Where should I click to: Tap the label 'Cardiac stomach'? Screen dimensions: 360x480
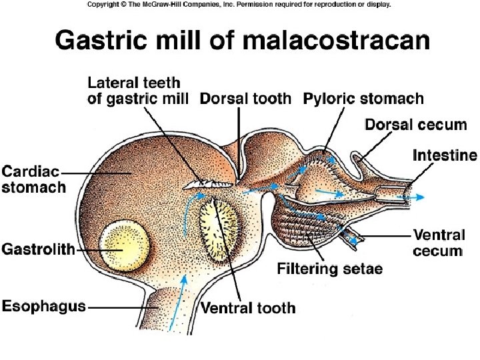tap(34, 179)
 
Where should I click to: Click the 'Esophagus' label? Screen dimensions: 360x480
tap(44, 306)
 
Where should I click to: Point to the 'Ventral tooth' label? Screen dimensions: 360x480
tap(248, 308)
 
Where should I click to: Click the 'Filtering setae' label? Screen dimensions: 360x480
tap(329, 270)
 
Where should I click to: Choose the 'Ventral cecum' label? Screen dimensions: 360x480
tap(438, 243)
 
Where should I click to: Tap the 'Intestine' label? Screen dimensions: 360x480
tap(445, 156)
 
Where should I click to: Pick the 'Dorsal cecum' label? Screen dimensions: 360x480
tap(410, 125)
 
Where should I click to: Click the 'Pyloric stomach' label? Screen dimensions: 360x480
tap(363, 99)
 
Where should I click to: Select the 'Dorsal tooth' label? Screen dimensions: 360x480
tap(246, 99)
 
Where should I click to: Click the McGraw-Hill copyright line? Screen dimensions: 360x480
tap(239, 4)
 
